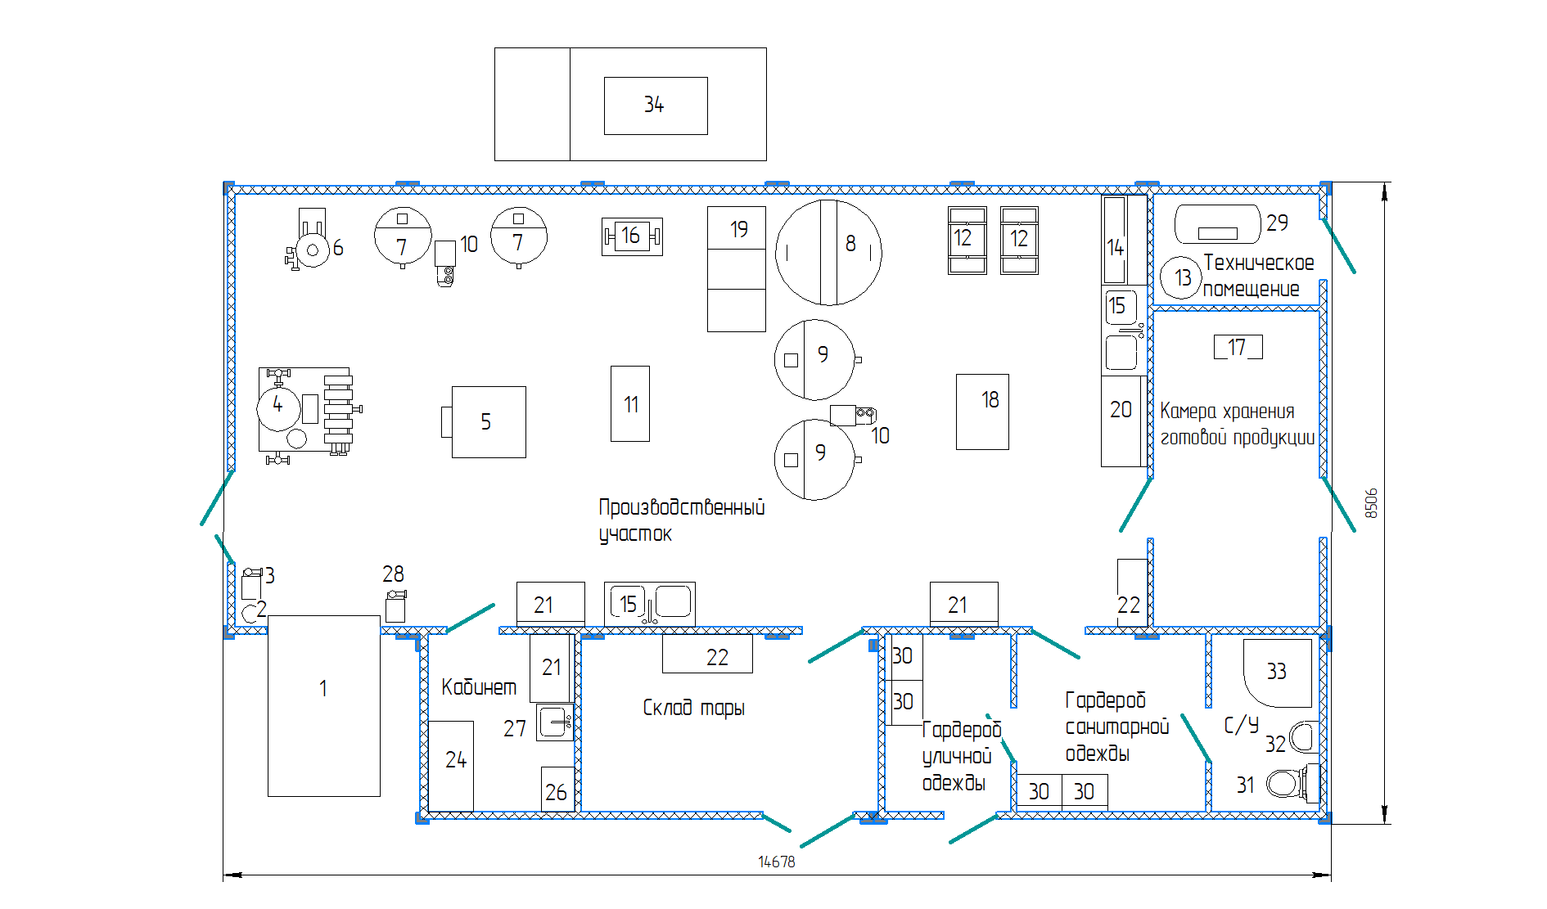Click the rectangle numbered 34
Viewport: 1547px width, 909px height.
(x=655, y=106)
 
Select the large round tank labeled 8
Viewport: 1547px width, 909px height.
(x=828, y=252)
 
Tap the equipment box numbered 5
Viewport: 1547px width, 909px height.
(x=489, y=421)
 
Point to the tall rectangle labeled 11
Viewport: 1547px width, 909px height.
(x=630, y=403)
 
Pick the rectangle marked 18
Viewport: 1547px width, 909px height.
(x=982, y=412)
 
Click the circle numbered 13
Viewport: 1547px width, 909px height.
(x=1181, y=277)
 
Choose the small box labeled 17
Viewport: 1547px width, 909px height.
(x=1238, y=347)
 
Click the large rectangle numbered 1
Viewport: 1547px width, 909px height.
(x=324, y=705)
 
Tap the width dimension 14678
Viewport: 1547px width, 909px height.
(x=776, y=862)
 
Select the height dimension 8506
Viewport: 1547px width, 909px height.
(x=1371, y=503)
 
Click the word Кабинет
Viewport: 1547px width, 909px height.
(x=479, y=686)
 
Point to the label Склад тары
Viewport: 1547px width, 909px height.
(x=693, y=708)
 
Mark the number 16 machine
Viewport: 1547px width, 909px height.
(x=631, y=236)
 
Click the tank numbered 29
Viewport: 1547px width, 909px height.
(x=1217, y=224)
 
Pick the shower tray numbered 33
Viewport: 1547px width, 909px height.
(x=1277, y=673)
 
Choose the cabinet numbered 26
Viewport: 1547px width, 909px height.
(x=557, y=790)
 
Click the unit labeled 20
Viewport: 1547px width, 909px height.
(x=1121, y=421)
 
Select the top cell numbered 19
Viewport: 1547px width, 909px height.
(x=737, y=227)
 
